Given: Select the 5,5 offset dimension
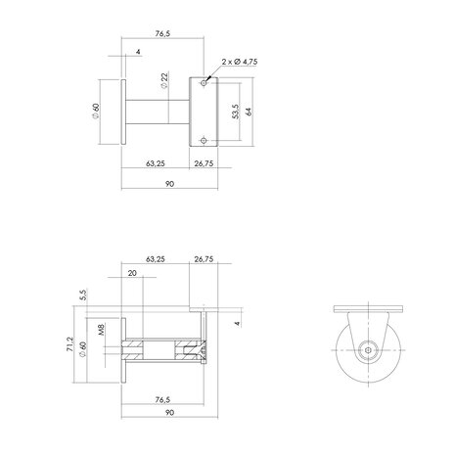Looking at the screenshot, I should coord(85,294).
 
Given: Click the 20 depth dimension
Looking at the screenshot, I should coord(132,274).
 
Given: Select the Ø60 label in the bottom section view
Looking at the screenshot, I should coord(85,348).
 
